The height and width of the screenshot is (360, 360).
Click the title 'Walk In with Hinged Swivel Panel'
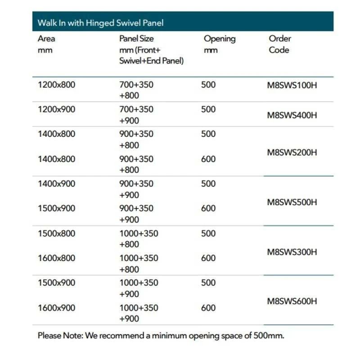coord(100,22)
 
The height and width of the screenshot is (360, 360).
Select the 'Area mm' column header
coord(46,44)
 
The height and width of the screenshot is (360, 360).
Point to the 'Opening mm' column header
coord(219,44)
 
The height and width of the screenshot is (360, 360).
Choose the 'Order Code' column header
coord(280,44)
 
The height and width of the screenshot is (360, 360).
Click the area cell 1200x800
coord(57,85)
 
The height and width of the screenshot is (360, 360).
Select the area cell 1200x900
coord(57,109)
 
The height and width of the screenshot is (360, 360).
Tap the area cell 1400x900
coord(57,184)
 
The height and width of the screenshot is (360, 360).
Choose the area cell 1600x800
coord(57,258)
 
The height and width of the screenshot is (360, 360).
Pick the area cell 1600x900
coord(57,308)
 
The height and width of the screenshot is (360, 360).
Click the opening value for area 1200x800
coord(208,85)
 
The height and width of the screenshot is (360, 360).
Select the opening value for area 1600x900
coord(208,308)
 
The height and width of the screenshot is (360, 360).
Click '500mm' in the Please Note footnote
coord(269,335)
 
